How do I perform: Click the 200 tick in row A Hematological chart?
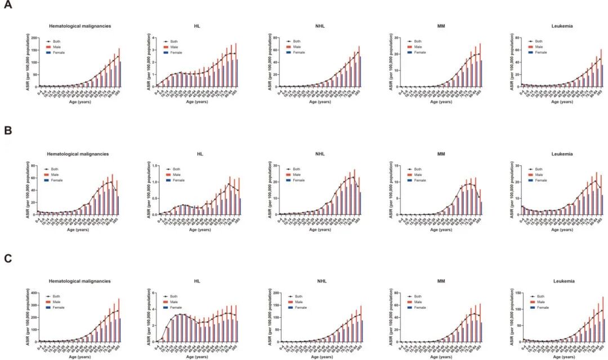[x=33, y=38]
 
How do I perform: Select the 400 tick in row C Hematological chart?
[x=33, y=293]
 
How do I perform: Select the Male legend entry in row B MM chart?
[x=417, y=174]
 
